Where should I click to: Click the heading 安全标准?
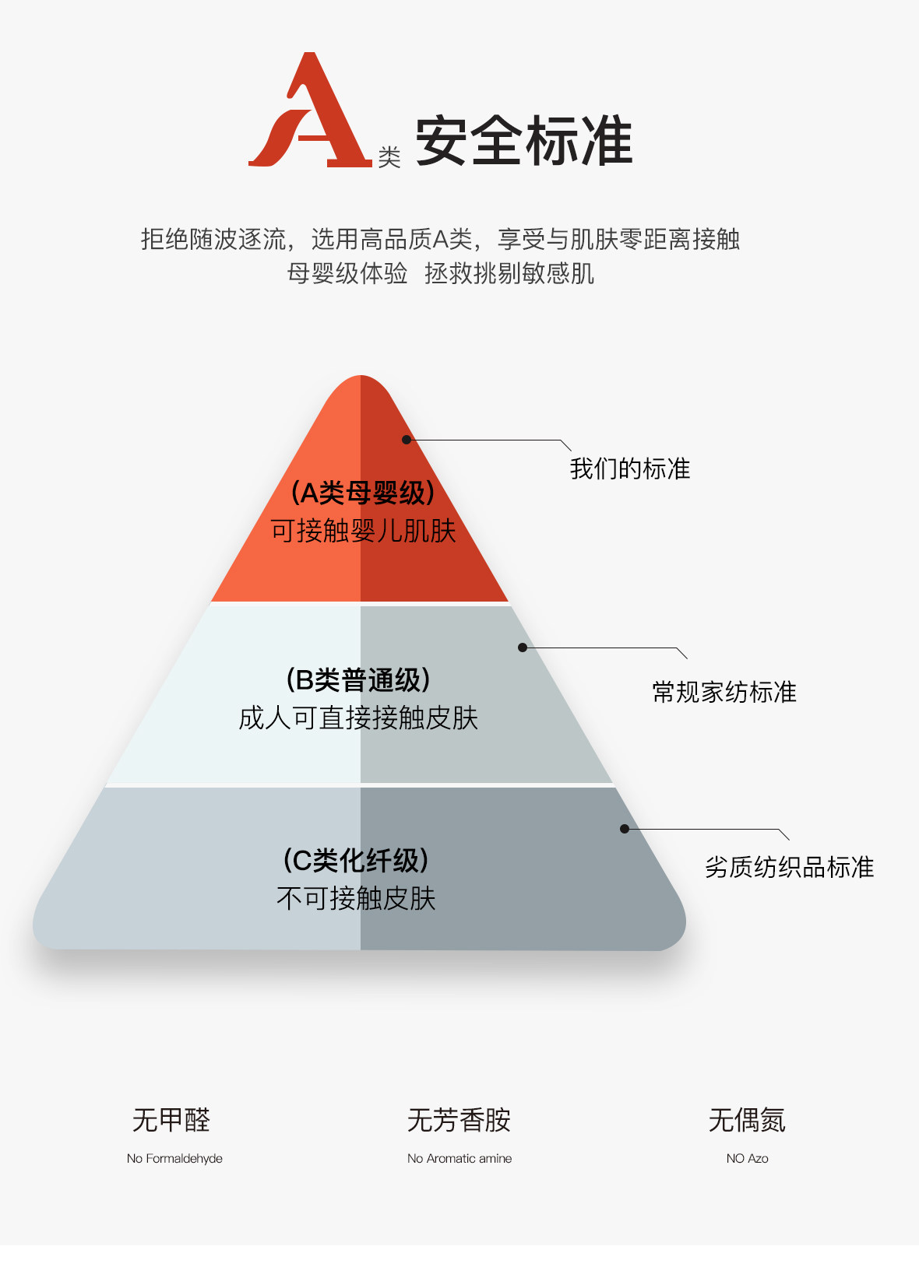click(x=523, y=141)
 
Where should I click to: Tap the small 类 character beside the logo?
click(x=389, y=157)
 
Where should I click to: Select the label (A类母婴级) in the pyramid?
click(x=362, y=493)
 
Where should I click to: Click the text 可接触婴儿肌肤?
click(x=363, y=531)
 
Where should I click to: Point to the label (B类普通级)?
click(x=358, y=679)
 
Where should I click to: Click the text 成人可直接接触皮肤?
click(x=358, y=718)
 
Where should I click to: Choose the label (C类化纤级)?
click(x=356, y=860)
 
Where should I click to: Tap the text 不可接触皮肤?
click(x=356, y=898)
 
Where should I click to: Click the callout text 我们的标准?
click(x=630, y=469)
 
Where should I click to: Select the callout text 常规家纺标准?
click(x=724, y=692)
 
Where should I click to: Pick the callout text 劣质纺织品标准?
click(x=789, y=867)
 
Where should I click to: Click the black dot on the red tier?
click(x=407, y=440)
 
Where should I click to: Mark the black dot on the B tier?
click(x=523, y=648)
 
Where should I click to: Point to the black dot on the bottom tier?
click(x=625, y=829)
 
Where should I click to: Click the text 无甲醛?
click(x=171, y=1120)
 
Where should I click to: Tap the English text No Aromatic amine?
click(x=459, y=1158)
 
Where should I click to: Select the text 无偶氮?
click(x=747, y=1120)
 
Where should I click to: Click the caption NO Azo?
click(x=747, y=1158)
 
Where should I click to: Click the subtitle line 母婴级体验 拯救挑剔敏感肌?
click(x=440, y=273)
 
